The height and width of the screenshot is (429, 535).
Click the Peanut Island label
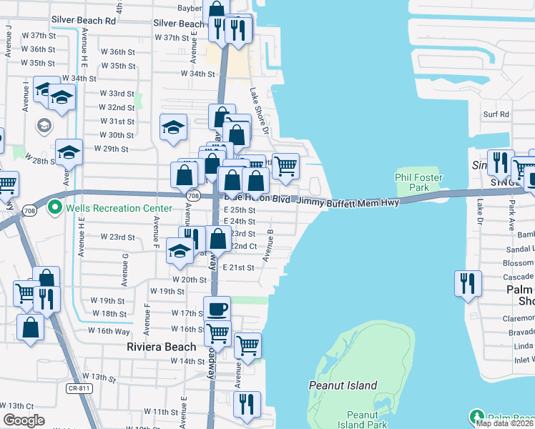coord(343,385)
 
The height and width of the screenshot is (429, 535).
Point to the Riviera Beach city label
coord(161,347)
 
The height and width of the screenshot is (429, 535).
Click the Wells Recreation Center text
coord(119,208)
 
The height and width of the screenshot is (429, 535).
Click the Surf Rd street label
coord(496,114)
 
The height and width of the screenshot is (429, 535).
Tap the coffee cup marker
coord(217,310)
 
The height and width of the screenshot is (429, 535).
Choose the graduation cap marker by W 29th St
coord(69,152)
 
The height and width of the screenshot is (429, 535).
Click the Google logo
coord(24,420)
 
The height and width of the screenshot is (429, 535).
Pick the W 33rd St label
coord(117,93)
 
